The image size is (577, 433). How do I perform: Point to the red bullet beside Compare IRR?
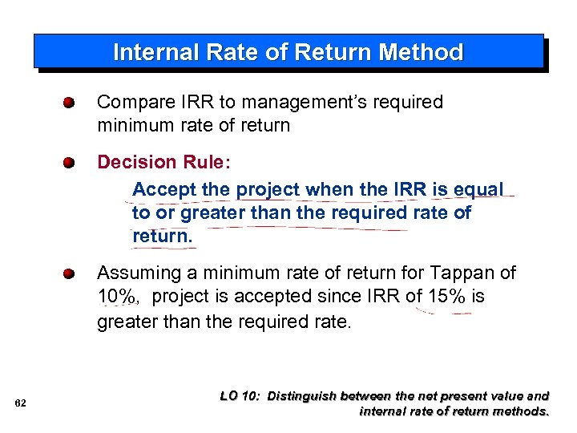71,103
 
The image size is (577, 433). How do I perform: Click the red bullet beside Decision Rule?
71,163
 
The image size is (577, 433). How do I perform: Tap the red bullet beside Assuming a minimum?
71,273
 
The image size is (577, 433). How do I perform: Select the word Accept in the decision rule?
160,190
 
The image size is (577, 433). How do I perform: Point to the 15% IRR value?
446,297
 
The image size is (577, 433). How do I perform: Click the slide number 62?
21,403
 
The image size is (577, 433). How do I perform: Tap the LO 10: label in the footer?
240,395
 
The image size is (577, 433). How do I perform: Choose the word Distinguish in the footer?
303,395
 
